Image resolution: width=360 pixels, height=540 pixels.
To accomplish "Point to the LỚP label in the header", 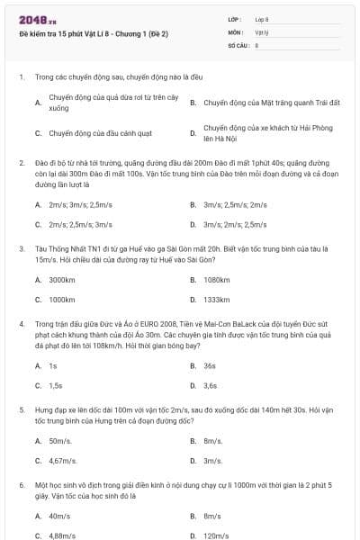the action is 235,18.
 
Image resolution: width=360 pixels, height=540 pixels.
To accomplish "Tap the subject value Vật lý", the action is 262,31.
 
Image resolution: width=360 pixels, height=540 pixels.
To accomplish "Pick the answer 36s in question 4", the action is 210,366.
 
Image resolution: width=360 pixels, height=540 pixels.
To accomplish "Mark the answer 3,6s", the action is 211,385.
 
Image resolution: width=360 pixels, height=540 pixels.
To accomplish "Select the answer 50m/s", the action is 60,441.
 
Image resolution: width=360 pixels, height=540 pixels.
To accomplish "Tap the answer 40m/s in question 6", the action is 60,516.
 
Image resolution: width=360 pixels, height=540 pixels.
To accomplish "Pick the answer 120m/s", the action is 216,535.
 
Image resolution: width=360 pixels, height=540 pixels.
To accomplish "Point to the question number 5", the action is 21,410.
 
